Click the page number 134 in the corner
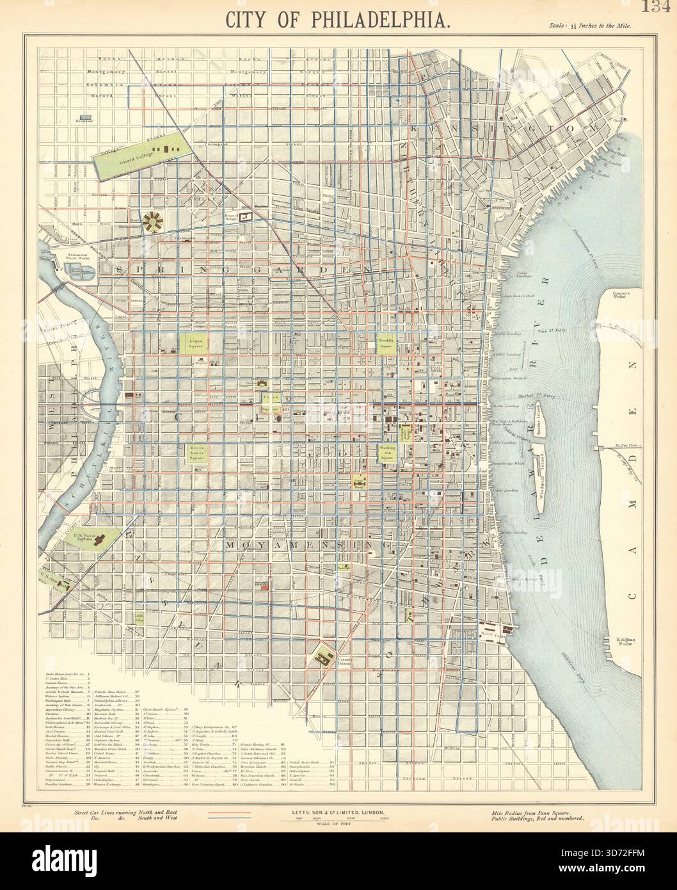coord(660,8)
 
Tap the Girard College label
coord(131,162)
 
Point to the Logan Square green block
coord(196,343)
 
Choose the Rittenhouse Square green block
coord(196,453)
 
